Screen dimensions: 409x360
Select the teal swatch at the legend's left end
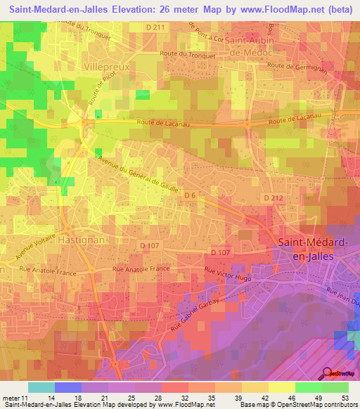41,387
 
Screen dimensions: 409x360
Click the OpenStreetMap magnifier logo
327,373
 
